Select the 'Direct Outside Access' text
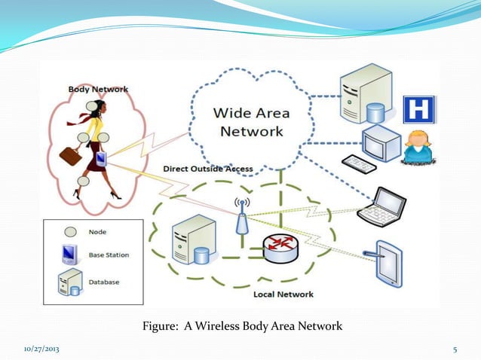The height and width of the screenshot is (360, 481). coord(208,169)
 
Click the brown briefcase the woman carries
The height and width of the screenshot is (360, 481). coord(71,156)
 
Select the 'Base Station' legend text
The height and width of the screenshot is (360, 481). coord(109,255)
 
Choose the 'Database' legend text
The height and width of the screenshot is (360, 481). coord(104,282)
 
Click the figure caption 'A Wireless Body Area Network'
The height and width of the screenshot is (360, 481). coord(242,327)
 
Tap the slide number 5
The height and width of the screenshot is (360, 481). coord(455,350)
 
